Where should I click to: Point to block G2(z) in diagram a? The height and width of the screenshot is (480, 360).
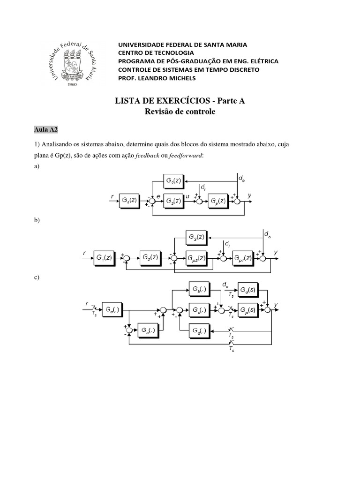(173, 180)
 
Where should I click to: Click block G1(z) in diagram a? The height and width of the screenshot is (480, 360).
(129, 201)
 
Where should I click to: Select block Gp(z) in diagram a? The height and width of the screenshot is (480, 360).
(217, 201)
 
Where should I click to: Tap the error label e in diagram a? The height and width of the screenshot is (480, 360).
(159, 197)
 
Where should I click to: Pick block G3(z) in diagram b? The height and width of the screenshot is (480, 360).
(196, 237)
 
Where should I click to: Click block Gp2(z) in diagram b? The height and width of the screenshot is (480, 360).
(196, 257)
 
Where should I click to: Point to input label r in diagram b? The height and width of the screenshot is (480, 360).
(85, 253)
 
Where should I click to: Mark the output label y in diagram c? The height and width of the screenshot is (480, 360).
(276, 305)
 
